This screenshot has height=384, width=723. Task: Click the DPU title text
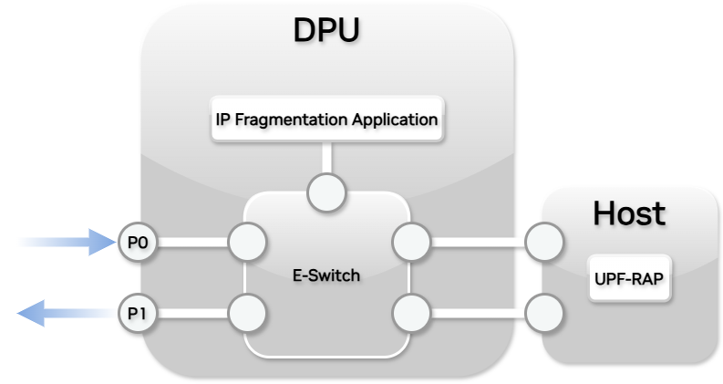326,30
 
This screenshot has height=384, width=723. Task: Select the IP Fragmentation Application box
326,119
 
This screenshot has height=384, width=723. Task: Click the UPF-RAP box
628,280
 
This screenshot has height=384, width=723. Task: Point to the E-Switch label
326,275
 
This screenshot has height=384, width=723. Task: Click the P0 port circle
137,243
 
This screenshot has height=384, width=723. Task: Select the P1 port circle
137,314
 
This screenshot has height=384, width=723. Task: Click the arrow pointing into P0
68,243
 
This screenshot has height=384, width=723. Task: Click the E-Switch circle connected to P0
247,243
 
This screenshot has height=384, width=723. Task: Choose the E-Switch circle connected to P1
247,314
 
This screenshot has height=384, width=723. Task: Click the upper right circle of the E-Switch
409,243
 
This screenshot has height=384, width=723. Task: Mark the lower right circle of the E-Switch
409,314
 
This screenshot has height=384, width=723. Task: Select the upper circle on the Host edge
544,243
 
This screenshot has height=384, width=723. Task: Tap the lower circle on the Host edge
544,314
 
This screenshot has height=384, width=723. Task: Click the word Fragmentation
299,119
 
